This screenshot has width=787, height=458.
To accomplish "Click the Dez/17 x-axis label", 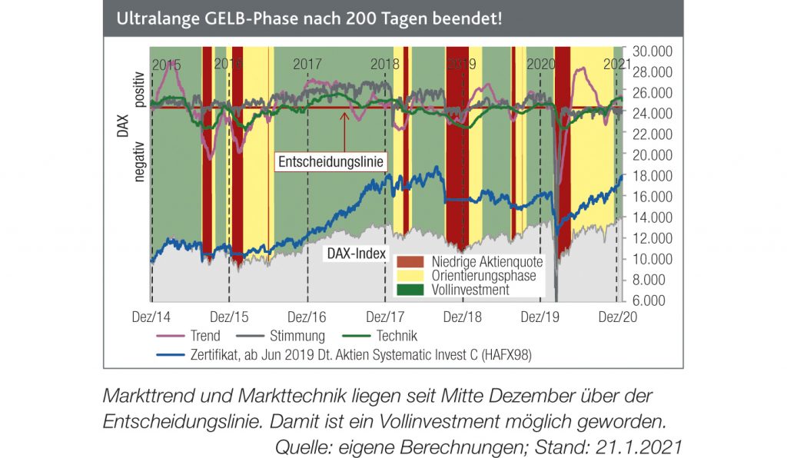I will (x=386, y=317).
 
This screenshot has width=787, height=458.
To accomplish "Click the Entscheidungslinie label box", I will (x=331, y=162).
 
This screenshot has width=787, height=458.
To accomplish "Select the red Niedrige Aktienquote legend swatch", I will (x=408, y=262).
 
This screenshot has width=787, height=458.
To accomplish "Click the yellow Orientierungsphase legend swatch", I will (x=408, y=276).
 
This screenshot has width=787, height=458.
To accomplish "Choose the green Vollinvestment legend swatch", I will (x=408, y=290).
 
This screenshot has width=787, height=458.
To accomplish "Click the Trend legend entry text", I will (x=204, y=336).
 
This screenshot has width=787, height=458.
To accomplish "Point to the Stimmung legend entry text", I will (x=297, y=336).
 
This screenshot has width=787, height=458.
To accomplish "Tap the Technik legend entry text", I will (x=397, y=336).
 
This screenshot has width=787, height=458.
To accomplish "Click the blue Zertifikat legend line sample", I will (x=171, y=354).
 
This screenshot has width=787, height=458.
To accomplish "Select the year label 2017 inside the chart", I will (x=307, y=65).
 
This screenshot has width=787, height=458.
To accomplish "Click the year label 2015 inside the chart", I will (x=166, y=65).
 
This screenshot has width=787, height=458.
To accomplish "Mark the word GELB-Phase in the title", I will (x=243, y=17).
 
